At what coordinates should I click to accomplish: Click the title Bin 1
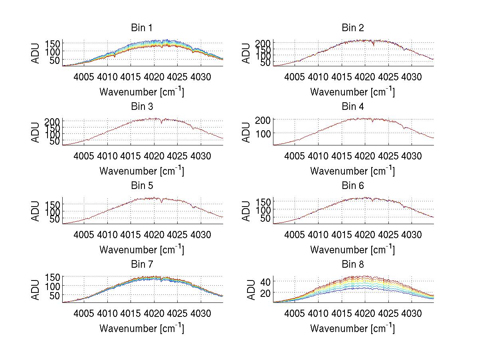142,28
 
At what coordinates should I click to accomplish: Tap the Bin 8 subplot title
353,265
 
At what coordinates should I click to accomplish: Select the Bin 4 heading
353,107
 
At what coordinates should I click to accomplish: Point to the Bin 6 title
353,186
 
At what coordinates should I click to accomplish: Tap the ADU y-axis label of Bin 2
247,53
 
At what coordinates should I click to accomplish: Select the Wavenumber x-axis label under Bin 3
142,171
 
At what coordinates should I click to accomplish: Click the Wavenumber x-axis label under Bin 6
353,250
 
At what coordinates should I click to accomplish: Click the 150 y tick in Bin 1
52,43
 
